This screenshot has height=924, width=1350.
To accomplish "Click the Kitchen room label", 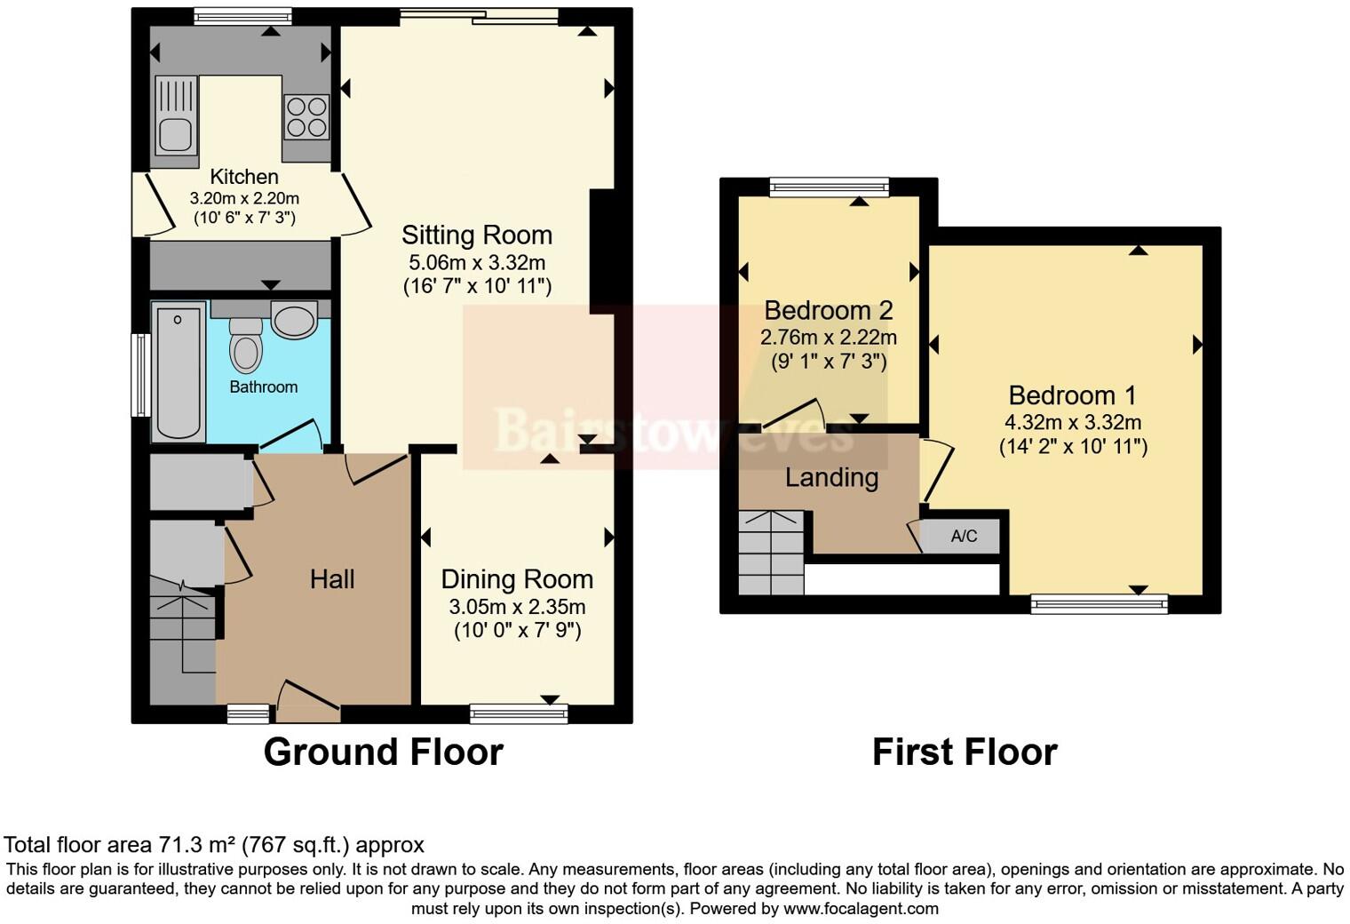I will (x=243, y=177).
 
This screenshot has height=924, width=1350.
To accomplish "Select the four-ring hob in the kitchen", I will (x=306, y=117).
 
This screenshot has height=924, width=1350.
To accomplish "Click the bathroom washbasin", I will (x=294, y=320).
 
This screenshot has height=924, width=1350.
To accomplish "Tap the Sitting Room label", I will (x=477, y=235).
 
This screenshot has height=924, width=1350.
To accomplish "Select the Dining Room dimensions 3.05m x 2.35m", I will (x=517, y=607).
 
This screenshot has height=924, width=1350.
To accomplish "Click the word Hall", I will (x=332, y=579).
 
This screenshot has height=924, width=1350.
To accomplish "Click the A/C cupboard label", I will (x=964, y=536).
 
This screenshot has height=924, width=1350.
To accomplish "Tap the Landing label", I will (x=831, y=478).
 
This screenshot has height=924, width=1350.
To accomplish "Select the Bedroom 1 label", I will (x=1072, y=395).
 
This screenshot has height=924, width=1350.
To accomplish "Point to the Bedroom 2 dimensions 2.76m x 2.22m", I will (x=828, y=338).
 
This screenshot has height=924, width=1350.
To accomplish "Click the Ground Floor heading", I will (x=383, y=752).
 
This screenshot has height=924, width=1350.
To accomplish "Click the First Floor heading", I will (x=965, y=752).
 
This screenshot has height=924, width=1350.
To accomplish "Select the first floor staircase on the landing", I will (x=771, y=553).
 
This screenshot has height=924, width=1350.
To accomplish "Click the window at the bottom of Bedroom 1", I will (x=1099, y=604).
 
